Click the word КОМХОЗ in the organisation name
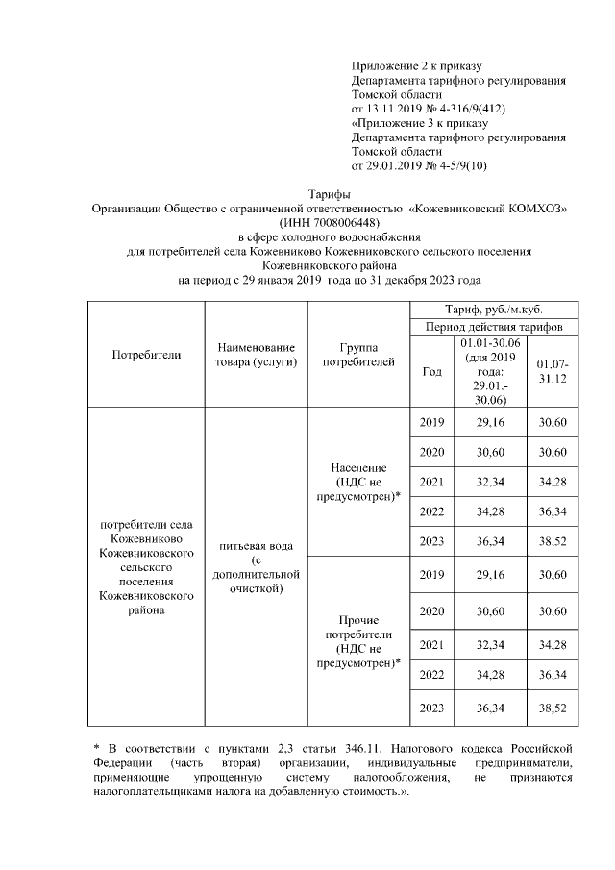[x=534, y=208]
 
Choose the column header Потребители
[x=146, y=354]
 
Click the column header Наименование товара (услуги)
[x=256, y=354]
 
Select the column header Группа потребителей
[x=357, y=354]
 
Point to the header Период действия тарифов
[x=493, y=328]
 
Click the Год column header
[x=432, y=371]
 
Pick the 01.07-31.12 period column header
[x=552, y=371]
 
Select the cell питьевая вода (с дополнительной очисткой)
[x=256, y=567]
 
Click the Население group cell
[x=357, y=481]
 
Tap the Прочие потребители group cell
[x=357, y=642]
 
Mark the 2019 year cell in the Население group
[x=432, y=423]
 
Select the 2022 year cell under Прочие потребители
[x=432, y=675]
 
